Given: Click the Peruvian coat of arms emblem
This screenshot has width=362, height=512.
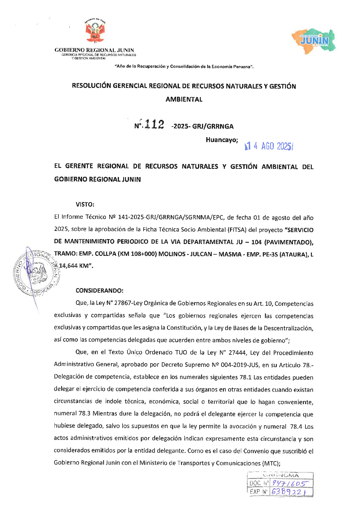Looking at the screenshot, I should point(95,31).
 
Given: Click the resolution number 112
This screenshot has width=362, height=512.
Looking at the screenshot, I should point(155,124).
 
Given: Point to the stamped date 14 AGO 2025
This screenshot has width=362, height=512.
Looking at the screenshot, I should point(269,146).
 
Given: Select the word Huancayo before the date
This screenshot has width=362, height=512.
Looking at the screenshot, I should point(221,140).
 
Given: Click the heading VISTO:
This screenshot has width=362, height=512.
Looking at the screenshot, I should point(85,204).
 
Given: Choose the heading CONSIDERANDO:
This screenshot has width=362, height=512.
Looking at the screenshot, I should point(99,291).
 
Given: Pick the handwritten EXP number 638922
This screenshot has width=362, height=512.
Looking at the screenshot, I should point(288,492).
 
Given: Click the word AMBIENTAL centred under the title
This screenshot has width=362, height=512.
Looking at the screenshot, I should point(184,99).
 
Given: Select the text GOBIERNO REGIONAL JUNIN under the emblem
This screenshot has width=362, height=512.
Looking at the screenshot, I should point(94,50).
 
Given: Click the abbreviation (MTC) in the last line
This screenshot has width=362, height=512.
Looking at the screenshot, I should point(270,463).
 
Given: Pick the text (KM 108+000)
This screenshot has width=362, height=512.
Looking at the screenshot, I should point(137,254).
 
